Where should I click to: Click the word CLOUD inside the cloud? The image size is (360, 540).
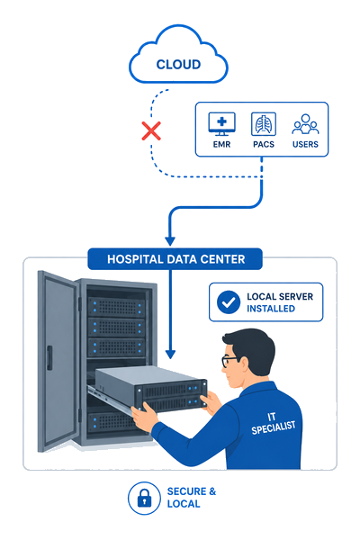click(x=178, y=65)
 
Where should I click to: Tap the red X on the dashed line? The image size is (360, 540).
click(x=151, y=130)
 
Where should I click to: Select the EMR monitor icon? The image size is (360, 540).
click(x=222, y=124)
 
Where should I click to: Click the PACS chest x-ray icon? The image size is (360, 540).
click(x=264, y=124)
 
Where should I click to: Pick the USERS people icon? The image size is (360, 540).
click(x=305, y=124)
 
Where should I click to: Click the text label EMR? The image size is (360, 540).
click(x=222, y=144)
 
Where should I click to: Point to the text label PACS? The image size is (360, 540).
click(x=264, y=144)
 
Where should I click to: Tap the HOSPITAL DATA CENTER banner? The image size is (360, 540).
click(x=175, y=259)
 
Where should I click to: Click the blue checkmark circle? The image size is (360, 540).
click(x=229, y=302)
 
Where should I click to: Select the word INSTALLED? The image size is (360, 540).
click(x=271, y=309)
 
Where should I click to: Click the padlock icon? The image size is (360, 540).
click(x=144, y=498)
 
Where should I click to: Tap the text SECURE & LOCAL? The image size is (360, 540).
click(x=192, y=498)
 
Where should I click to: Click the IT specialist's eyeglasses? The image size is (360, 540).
click(x=229, y=361)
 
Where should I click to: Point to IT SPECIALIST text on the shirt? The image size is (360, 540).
click(x=273, y=424)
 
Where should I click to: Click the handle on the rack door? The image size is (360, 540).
click(x=49, y=358)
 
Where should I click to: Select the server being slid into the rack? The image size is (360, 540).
click(x=151, y=389)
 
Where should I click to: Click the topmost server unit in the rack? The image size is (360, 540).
click(x=116, y=306)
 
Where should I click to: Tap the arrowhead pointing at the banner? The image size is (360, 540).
click(x=170, y=240)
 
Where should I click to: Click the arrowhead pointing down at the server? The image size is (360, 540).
click(x=170, y=355)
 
